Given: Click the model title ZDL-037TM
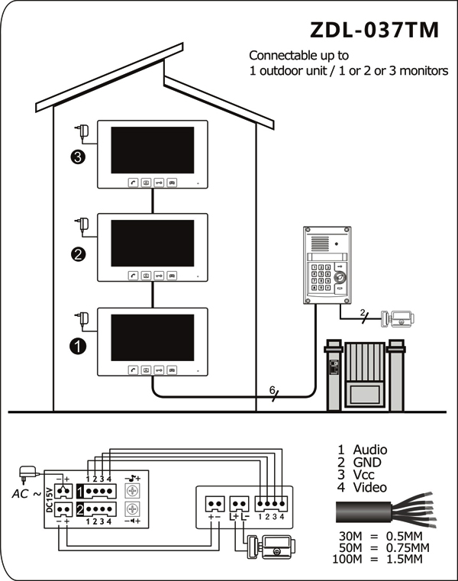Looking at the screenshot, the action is click(x=374, y=30).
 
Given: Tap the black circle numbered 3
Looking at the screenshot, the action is click(x=77, y=157).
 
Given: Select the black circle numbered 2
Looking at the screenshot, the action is click(x=78, y=254).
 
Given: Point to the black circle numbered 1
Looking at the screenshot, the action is click(x=77, y=347).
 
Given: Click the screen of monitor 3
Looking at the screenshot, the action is click(x=153, y=150).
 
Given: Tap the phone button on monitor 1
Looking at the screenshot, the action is click(x=134, y=370).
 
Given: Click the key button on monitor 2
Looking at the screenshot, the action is click(x=159, y=276).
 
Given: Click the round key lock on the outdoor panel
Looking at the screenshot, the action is click(x=340, y=277).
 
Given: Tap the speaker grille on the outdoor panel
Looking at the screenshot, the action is click(x=320, y=244).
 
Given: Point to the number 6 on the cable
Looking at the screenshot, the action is click(x=273, y=390).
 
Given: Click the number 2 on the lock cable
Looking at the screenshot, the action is click(x=363, y=312).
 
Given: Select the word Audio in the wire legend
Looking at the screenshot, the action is click(x=370, y=450).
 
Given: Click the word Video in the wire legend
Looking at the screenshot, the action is click(x=369, y=487).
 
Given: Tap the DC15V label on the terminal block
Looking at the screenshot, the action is click(x=50, y=499).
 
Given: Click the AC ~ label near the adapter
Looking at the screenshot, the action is click(x=26, y=494).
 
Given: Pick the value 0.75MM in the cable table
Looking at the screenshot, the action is click(x=408, y=547).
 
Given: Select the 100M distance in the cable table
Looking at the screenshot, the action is click(x=347, y=559).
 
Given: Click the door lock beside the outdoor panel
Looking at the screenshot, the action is click(x=398, y=318).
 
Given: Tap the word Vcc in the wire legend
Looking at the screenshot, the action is click(x=363, y=475).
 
